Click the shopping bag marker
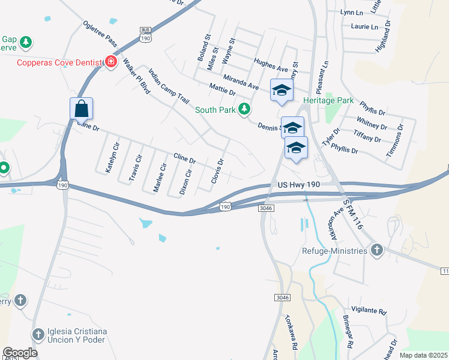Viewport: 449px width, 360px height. tap(82, 109)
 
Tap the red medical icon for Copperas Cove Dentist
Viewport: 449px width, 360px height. tap(110, 61)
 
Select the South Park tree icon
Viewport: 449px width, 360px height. tap(244, 109)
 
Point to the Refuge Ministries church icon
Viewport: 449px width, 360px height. tap(376, 250)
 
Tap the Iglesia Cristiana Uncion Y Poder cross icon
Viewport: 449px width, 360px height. tap(38, 334)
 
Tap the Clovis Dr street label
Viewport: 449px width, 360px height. tap(217, 171)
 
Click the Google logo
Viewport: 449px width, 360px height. tap(20, 353)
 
